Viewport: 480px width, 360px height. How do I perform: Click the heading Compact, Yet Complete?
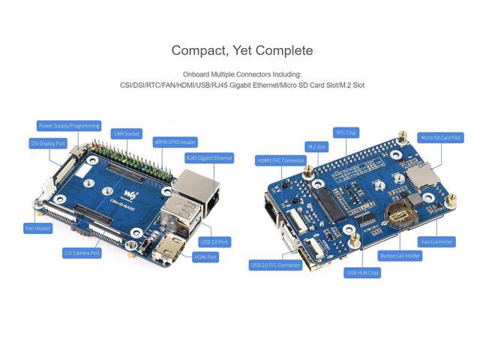[241, 50]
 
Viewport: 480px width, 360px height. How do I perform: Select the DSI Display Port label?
[48, 142]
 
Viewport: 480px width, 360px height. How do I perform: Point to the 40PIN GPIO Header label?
[175, 141]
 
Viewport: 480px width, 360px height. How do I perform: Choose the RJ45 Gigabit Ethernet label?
[209, 157]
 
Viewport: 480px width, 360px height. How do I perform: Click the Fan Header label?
[37, 228]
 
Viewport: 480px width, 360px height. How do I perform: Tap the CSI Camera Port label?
[82, 253]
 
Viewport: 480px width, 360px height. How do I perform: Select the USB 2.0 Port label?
[215, 242]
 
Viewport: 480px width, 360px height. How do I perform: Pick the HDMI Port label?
[205, 257]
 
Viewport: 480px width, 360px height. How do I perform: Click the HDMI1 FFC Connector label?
[280, 160]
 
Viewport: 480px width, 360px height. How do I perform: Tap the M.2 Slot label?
[316, 147]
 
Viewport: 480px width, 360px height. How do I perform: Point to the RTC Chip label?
[346, 132]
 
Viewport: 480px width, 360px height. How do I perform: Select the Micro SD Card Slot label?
[441, 138]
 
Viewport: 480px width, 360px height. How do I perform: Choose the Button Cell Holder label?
[400, 256]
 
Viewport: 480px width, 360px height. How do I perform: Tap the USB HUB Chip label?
[362, 273]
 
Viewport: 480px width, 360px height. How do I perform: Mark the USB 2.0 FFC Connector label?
[274, 265]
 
